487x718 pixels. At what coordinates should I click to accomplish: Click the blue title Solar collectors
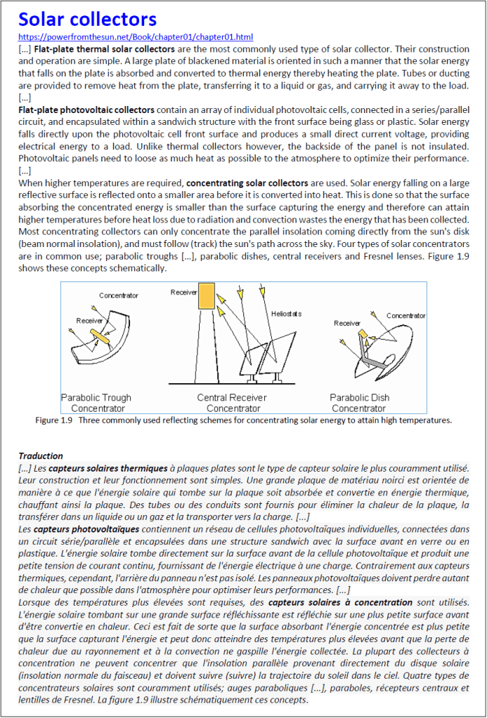pos(88,19)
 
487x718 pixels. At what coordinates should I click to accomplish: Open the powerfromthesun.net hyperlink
pos(136,37)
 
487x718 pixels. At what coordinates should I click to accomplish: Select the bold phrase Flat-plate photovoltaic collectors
pos(86,110)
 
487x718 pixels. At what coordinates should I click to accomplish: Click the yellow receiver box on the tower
pos(207,295)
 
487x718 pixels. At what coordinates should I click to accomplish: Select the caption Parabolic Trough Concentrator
pos(96,403)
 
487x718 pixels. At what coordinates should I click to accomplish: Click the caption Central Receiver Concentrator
pos(232,403)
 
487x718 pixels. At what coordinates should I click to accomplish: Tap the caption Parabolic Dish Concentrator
pos(360,403)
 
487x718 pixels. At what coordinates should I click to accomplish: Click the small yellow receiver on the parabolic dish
pos(363,334)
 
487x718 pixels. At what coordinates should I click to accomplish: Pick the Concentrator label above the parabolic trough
pos(119,295)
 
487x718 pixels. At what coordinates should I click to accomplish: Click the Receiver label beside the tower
pos(183,292)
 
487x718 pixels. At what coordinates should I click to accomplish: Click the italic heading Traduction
pos(41,456)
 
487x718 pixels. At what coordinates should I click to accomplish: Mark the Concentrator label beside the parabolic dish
pos(406,316)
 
